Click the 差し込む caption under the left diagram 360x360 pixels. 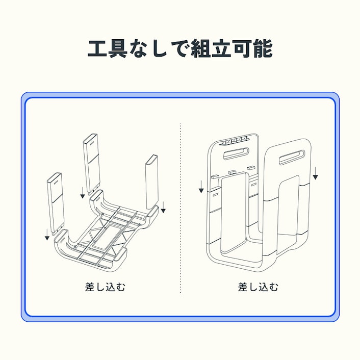tap(105, 287)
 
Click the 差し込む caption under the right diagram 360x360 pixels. tap(258, 287)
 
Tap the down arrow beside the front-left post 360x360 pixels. tap(47, 234)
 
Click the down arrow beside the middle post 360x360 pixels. tap(83, 192)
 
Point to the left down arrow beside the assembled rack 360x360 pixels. tap(201, 186)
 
